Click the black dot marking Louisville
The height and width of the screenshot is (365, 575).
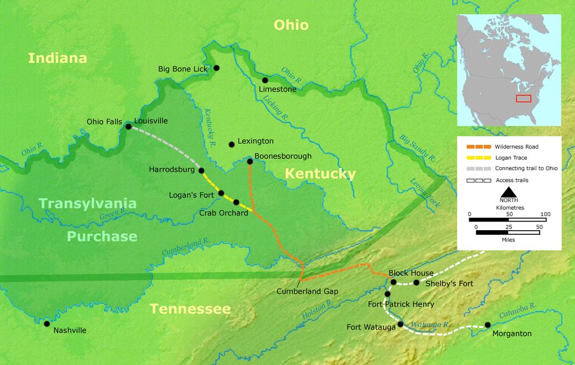[x=128, y=126]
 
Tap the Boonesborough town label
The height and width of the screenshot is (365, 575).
[x=282, y=156]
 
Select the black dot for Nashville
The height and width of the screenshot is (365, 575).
[x=47, y=323]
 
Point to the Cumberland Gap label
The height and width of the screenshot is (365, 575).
[x=307, y=291]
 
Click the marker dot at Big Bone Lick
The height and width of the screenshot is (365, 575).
[x=216, y=68]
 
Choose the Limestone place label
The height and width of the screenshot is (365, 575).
[x=277, y=89]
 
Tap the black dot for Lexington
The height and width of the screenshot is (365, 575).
[x=231, y=144]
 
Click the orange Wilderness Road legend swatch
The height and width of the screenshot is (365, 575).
[x=478, y=147]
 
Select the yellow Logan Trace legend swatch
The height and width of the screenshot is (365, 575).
[x=478, y=158]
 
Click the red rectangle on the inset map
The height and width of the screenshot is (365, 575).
[x=523, y=99]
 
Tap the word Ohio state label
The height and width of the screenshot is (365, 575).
[x=291, y=25]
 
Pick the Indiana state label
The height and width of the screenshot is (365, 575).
[x=57, y=58]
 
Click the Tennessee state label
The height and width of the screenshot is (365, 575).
[x=190, y=309]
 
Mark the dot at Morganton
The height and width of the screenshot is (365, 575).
[x=487, y=325]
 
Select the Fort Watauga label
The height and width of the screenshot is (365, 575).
[x=370, y=327]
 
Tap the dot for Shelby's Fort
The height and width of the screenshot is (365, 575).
[x=416, y=282]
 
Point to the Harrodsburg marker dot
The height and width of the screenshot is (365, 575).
[x=202, y=170]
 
